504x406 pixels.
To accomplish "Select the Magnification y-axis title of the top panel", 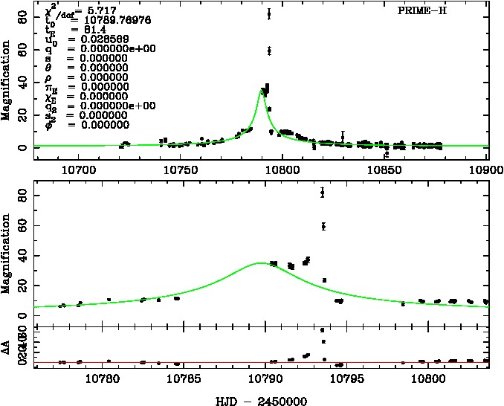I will pyautogui.click(x=6, y=83).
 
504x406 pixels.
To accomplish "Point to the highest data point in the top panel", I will pyautogui.click(x=268, y=13).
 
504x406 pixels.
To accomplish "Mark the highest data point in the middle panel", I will pyautogui.click(x=322, y=193).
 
